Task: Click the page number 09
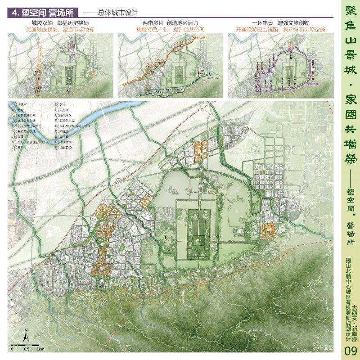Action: tap(350, 351)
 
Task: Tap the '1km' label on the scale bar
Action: tap(40, 349)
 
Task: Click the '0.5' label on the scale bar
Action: tap(27, 349)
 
